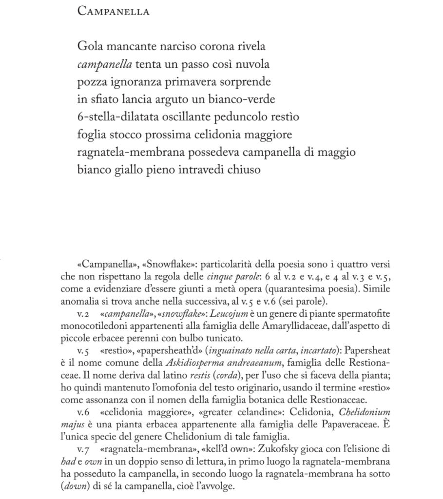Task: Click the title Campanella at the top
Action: point(113,11)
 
